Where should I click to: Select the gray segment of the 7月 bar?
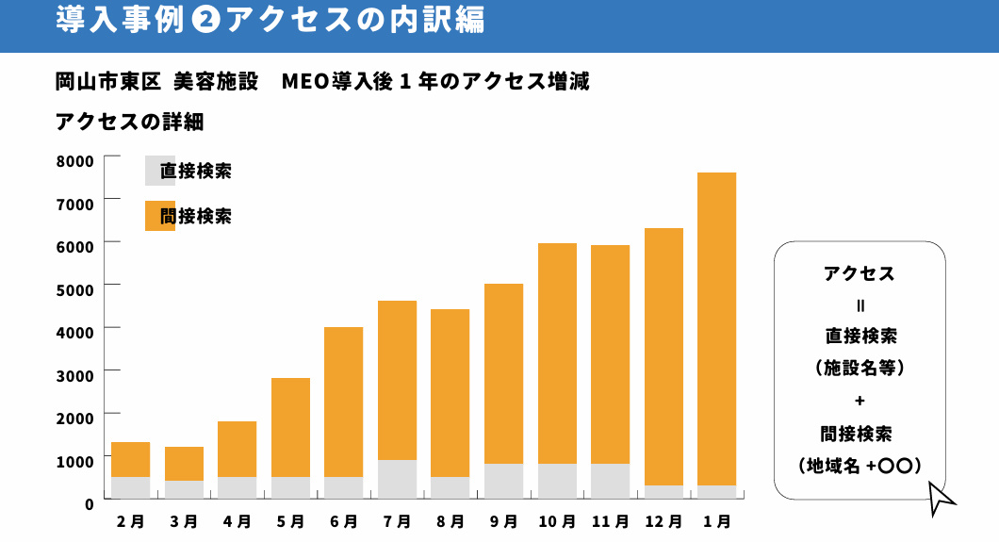397,479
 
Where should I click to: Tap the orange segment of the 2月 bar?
130,459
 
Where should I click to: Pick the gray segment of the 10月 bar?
557,481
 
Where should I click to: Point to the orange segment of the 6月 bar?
343,402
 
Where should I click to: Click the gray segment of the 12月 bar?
663,491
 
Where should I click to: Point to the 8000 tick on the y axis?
74,160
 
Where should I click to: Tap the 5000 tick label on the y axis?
74,288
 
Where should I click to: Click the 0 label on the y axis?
89,503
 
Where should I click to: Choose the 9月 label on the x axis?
503,520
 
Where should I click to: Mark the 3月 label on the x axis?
184,520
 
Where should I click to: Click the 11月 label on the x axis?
610,520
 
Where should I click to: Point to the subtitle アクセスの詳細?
129,122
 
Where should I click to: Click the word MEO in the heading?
303,81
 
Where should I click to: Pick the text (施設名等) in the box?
859,368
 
